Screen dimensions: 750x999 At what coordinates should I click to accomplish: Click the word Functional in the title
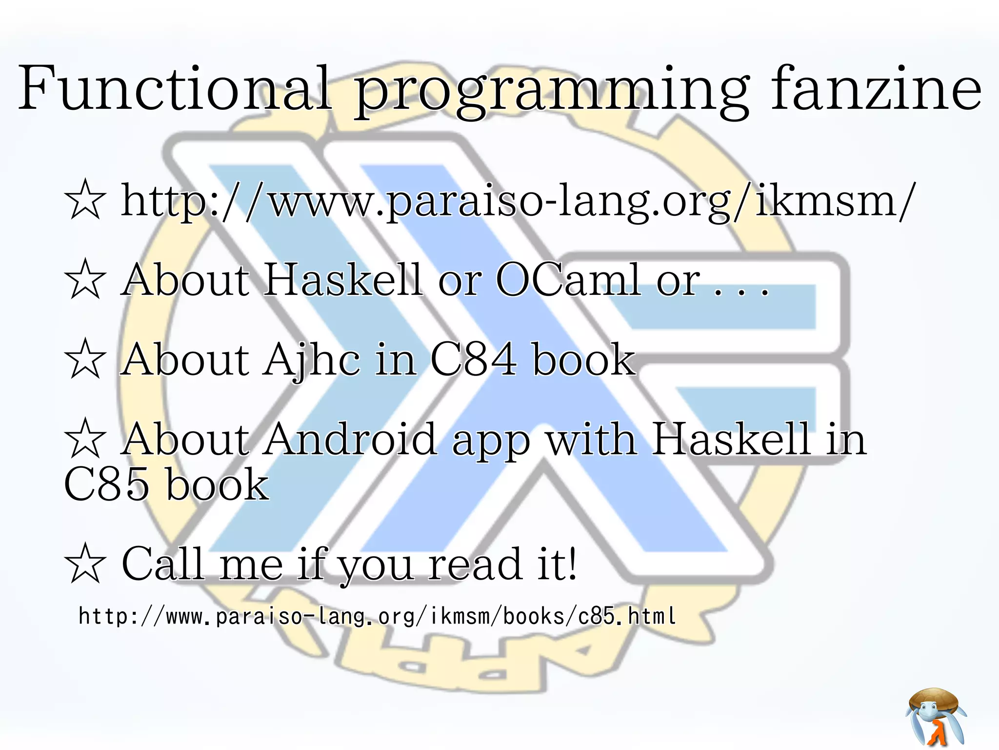coord(175,89)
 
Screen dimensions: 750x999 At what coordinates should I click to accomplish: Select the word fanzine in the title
coord(876,89)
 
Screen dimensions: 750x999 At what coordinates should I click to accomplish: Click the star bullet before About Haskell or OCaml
coord(85,279)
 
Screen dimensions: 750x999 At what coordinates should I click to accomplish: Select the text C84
coord(473,360)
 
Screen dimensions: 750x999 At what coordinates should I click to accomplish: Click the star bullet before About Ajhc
coord(85,359)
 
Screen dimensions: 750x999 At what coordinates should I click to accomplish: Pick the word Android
coord(350,439)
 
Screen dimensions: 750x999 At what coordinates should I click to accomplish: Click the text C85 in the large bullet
coord(106,484)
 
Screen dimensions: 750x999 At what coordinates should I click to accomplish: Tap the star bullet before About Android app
coord(85,438)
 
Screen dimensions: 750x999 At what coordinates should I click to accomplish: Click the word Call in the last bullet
coord(162,563)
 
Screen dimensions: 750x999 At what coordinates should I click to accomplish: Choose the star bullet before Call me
coord(85,563)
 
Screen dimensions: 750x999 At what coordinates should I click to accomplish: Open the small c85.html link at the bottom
coord(377,616)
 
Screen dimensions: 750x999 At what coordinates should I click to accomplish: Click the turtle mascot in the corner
coord(936,716)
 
